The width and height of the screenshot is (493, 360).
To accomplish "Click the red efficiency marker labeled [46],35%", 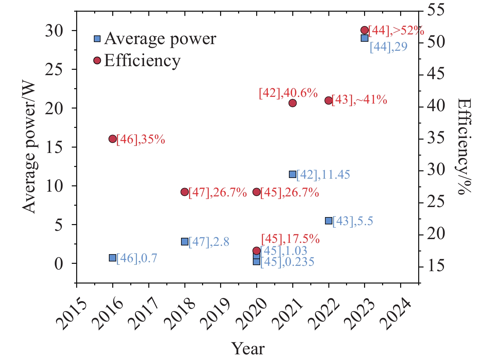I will pos(113,139).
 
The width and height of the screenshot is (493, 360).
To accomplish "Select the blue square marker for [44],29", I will pos(364,38).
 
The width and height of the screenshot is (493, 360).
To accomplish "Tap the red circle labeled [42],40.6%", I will pos(293,103).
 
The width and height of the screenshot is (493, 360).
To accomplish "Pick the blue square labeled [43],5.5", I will pos(329,221).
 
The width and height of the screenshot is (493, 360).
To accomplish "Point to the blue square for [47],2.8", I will pos(185,241).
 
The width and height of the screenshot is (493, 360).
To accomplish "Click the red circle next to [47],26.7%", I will pos(185,192).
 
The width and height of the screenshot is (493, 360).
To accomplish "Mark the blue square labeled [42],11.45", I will pos(293,174).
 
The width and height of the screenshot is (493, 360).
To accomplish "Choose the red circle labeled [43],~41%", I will pos(329,100).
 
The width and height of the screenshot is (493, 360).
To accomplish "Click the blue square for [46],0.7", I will pos(113,258).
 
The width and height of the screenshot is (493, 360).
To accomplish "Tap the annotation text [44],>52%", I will pos(396,31).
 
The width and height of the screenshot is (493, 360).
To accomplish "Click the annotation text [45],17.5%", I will pos(290,239).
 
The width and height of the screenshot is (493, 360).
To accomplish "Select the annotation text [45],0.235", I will pos(287,262).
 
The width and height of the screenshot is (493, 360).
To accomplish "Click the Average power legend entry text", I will pos(160,39).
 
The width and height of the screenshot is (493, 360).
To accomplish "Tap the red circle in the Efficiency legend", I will pos(97,60).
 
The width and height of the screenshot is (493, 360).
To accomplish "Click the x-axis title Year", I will pos(248,349).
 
